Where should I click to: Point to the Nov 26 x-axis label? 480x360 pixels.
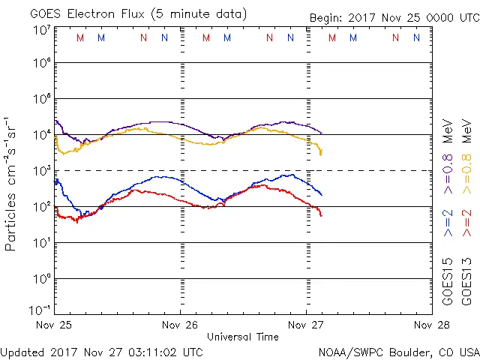tap(181, 325)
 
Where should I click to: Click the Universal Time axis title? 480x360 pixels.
tap(243, 337)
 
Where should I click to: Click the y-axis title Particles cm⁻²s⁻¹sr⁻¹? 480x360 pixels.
tap(12, 184)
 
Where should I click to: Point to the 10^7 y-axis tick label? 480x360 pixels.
tap(41, 30)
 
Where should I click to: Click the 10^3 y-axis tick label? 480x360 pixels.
tap(41, 170)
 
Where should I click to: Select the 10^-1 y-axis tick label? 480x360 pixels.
tap(41, 310)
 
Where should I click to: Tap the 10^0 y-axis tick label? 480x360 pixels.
tap(41, 278)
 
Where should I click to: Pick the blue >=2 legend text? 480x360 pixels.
tap(448, 223)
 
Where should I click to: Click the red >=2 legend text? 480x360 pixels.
tap(467, 223)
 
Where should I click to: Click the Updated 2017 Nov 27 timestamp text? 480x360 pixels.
tap(101, 351)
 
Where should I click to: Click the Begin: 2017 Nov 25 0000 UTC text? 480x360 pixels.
tap(394, 18)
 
